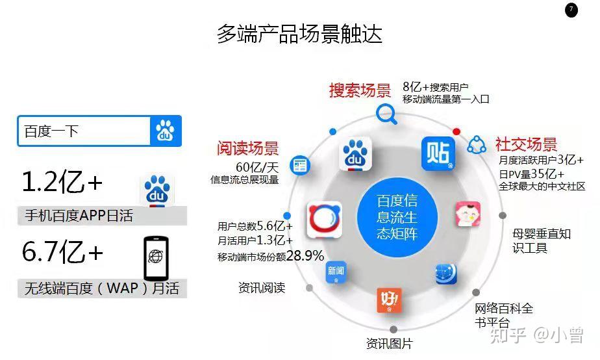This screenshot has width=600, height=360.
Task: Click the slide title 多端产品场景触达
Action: point(299,34)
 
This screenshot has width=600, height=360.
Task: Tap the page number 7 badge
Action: point(571,10)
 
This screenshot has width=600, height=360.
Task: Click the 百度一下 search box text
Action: point(51,131)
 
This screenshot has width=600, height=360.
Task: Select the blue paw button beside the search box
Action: point(166,131)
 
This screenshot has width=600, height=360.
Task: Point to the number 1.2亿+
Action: point(62,183)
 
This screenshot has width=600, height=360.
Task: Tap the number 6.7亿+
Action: point(62,252)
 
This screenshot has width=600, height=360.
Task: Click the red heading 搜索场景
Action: point(360,90)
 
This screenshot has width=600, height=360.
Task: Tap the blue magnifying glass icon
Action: point(387,114)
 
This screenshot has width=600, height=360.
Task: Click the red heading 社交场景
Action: point(526,144)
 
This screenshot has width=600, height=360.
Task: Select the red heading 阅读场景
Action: point(247,148)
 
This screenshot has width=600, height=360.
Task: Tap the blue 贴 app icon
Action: point(438,153)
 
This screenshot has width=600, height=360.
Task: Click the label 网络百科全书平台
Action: point(503,315)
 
